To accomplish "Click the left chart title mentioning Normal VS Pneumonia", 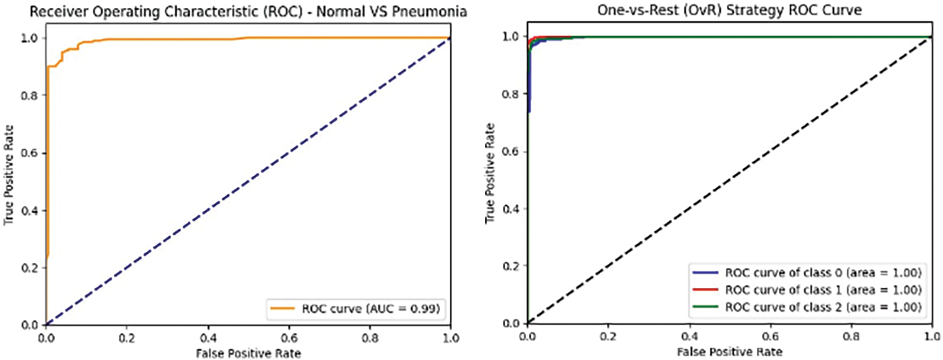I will pyautogui.click(x=248, y=12).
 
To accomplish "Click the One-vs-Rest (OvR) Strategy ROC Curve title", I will pyautogui.click(x=729, y=10).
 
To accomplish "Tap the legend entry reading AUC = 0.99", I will pyautogui.click(x=370, y=308).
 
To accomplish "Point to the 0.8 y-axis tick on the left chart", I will pyautogui.click(x=30, y=96).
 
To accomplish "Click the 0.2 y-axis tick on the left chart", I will pyautogui.click(x=30, y=268).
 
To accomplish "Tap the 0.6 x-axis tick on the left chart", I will pyautogui.click(x=289, y=338).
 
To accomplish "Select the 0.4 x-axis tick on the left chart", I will pyautogui.click(x=208, y=338).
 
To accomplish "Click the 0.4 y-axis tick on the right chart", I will pyautogui.click(x=511, y=209).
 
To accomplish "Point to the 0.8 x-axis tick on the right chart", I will pyautogui.click(x=851, y=336).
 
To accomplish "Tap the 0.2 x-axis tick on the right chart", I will pyautogui.click(x=608, y=336).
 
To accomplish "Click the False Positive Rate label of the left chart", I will pyautogui.click(x=248, y=353).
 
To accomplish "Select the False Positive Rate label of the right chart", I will pyautogui.click(x=729, y=351).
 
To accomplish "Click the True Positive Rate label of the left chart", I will pyautogui.click(x=9, y=175).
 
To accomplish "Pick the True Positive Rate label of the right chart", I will pyautogui.click(x=490, y=173).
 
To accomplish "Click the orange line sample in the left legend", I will pyautogui.click(x=282, y=308).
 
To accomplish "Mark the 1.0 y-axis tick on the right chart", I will pyautogui.click(x=511, y=37).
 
